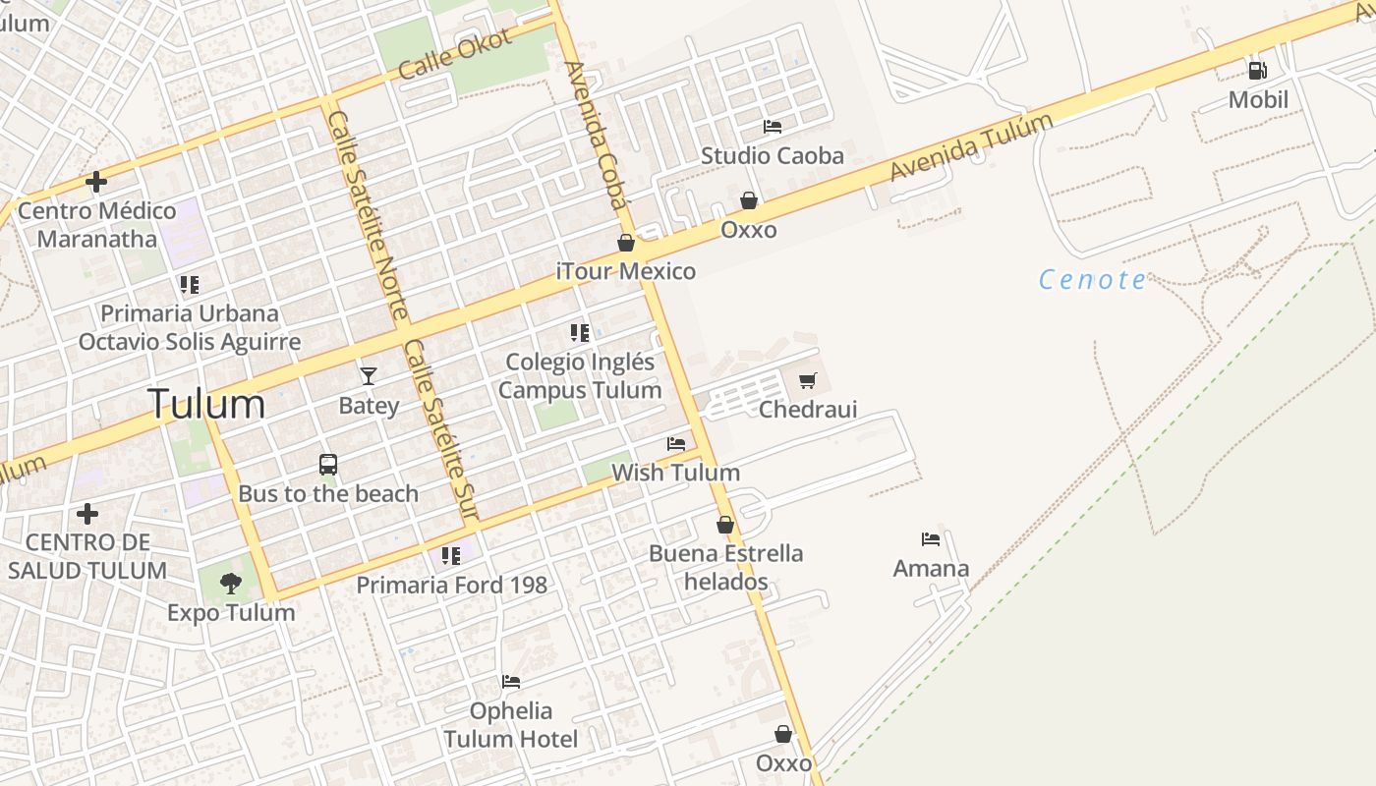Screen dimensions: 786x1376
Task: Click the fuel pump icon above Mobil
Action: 1257,70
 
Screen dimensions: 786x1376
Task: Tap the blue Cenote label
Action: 1092,280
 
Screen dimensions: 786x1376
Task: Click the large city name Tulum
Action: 206,404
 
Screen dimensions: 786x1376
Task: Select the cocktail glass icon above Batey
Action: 369,375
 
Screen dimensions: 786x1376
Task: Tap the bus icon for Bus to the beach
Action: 328,464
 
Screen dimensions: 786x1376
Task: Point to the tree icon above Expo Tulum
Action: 231,584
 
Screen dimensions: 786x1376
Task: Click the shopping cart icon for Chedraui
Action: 808,380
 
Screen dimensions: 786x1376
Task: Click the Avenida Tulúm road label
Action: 970,147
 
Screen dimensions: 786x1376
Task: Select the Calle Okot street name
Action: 455,54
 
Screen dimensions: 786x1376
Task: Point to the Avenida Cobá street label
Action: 596,136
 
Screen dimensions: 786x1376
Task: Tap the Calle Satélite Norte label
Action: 368,216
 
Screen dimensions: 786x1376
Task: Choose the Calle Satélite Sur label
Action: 440,430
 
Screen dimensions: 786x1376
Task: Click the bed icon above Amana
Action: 931,538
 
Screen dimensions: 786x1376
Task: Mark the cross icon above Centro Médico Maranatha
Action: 96,182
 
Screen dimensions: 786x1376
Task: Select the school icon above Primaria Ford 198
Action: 451,556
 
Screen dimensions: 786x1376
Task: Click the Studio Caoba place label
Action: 772,155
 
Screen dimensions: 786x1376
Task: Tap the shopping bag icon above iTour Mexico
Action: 626,243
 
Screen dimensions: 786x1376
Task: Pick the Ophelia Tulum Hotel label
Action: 511,724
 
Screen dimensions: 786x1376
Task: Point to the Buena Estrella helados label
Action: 725,567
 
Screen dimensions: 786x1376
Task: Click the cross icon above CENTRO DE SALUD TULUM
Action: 87,513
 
